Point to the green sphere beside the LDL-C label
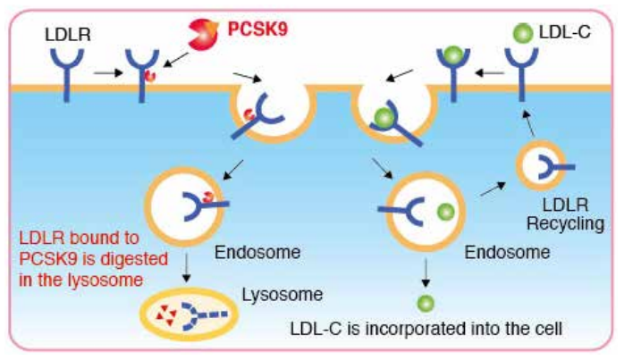click(x=520, y=33)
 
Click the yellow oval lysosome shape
click(x=189, y=313)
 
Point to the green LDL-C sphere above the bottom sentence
click(x=426, y=302)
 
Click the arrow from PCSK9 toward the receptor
click(x=174, y=58)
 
